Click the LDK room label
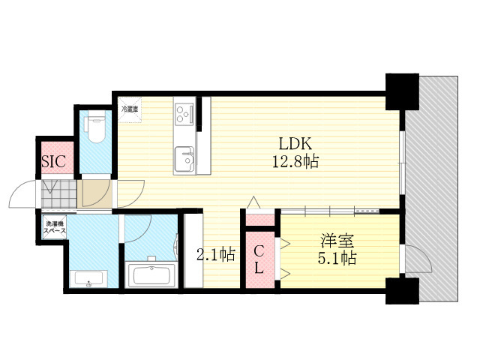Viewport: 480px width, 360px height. tap(295, 143)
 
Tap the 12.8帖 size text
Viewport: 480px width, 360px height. tap(295, 161)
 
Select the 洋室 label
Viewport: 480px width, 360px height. tap(337, 241)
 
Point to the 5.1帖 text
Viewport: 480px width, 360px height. tap(337, 258)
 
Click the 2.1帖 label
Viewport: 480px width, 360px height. tap(216, 254)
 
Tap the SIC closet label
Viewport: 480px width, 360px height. tap(53, 161)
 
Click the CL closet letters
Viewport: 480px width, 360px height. tap(259, 259)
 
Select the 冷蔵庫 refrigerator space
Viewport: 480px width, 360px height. tap(130, 109)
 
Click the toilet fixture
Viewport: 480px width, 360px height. tap(96, 126)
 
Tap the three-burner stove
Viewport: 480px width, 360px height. tap(184, 114)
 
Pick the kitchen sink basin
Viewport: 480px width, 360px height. tap(184, 159)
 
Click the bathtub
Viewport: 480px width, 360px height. tap(151, 274)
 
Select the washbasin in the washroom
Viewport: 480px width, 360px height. tap(88, 278)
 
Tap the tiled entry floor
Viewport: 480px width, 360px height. tap(58, 194)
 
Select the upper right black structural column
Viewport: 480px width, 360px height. tap(402, 91)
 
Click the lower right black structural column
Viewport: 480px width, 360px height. tap(402, 291)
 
